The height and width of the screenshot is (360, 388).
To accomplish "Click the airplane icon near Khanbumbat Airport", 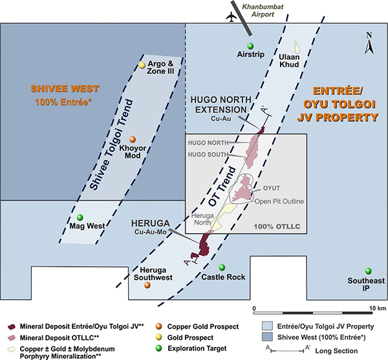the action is tap(232, 17).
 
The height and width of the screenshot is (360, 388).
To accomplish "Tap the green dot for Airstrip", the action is tap(250, 46).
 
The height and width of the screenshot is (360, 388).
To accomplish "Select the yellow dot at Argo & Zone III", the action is tap(142, 65).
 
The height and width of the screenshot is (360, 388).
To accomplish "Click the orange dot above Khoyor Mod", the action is tap(133, 139).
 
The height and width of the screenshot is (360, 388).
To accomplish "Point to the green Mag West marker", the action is tap(80, 218).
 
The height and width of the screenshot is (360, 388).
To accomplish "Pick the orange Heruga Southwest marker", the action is tap(147, 285).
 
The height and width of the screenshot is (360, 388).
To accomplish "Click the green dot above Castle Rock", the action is tap(222, 267).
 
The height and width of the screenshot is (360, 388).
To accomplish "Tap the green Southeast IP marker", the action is tap(369, 271).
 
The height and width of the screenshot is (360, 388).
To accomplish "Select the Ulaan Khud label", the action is tap(289, 61).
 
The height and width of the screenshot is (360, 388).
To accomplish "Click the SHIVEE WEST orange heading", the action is tap(65, 89).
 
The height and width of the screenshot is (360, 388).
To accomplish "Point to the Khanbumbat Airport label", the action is tap(263, 10).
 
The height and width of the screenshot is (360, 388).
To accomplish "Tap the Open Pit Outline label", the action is tap(279, 201).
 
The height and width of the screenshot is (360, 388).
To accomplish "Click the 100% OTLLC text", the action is tap(277, 227).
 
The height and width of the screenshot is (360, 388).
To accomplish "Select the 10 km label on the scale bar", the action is tap(378, 308).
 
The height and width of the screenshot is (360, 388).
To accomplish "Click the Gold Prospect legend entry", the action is tap(190, 337).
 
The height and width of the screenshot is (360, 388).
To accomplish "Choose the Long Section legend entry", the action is tap(336, 351).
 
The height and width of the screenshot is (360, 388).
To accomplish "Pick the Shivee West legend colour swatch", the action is tap(267, 337).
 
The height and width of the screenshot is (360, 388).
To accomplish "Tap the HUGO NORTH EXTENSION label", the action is tap(221, 105).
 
